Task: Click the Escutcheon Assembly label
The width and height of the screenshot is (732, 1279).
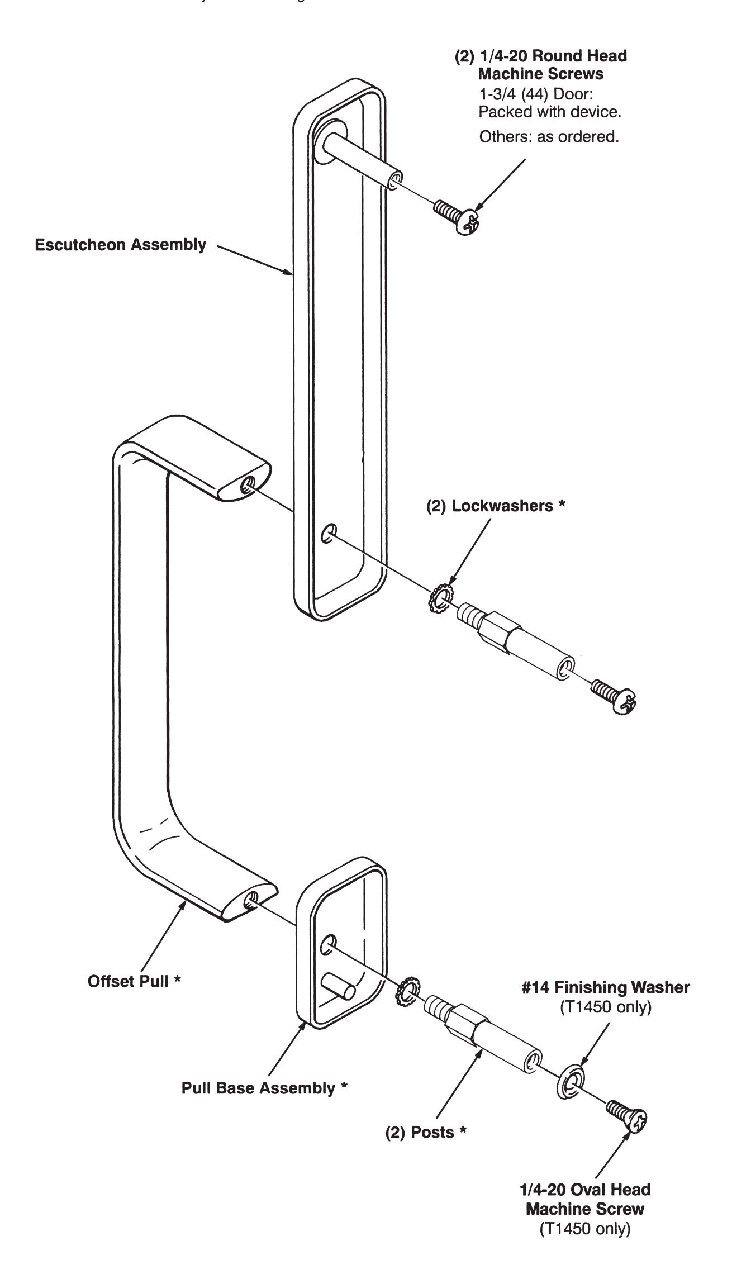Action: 120,245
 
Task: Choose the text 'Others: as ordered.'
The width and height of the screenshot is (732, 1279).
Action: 549,137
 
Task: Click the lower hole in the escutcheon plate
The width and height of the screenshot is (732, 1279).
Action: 329,534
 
